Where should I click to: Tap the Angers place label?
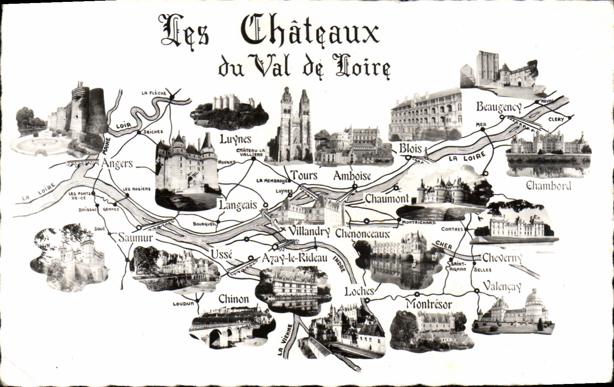[117, 164]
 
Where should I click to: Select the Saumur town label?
[136, 238]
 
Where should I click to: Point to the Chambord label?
[549, 186]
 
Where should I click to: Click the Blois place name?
[410, 149]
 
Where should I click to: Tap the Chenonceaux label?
[362, 234]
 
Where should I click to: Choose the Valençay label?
[502, 286]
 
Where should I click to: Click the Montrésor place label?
[428, 304]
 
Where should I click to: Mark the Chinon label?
[233, 299]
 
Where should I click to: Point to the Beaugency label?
[499, 107]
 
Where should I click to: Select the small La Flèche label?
[153, 93]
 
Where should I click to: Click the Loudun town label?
[183, 304]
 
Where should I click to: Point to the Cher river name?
[444, 245]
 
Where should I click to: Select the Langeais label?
[238, 205]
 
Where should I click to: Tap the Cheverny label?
[502, 258]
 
